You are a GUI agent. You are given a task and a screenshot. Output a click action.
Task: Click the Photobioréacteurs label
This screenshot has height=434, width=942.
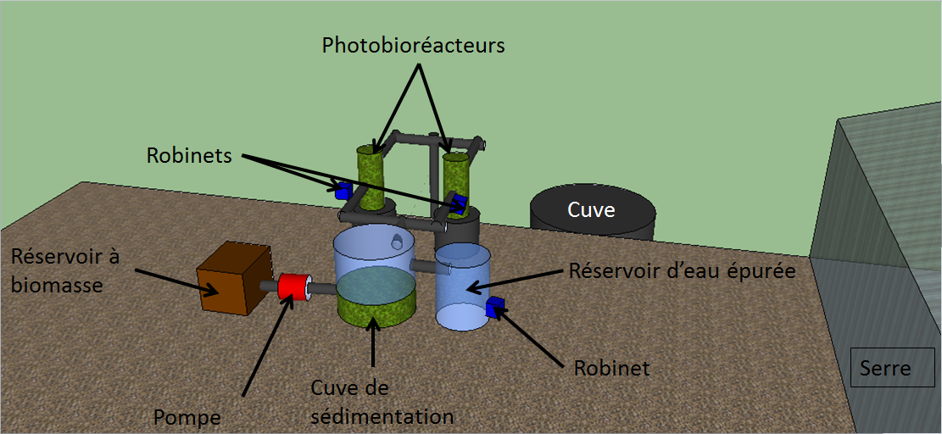413,45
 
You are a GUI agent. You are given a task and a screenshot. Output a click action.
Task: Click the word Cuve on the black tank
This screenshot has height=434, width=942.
591,209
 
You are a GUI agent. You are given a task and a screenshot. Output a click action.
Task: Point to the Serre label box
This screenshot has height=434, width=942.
885,368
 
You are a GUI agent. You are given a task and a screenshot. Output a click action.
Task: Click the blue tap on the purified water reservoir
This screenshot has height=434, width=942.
495,307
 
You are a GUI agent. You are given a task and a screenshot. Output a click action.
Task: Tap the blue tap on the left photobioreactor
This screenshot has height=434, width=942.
343,190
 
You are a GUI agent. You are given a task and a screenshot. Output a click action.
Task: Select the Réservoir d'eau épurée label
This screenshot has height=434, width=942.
683,272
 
